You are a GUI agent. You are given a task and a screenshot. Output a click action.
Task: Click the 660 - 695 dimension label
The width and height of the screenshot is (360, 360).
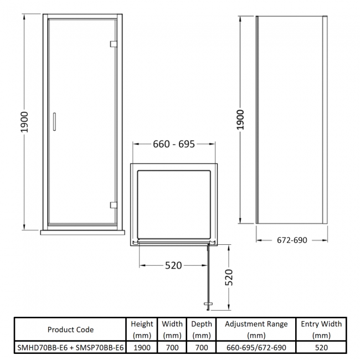coord(173,145)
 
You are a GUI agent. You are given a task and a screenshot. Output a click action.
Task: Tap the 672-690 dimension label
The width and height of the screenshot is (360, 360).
coord(291,240)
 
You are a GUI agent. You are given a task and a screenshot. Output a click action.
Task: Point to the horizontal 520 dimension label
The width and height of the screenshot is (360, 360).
coord(173,265)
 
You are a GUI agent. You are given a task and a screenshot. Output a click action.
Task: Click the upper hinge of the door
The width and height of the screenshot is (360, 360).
coord(113,44)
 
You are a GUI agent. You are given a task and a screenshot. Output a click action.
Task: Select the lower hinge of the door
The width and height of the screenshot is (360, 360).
coord(113,204)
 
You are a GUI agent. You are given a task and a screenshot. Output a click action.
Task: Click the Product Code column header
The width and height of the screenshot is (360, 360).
coord(70,330)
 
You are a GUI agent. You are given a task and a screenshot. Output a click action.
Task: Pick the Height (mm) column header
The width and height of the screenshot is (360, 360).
coord(142,330)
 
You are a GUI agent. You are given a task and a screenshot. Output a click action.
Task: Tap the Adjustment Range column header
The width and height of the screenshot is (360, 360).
coord(256,330)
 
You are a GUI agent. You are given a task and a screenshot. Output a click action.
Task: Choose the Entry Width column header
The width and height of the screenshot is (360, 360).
coord(321,330)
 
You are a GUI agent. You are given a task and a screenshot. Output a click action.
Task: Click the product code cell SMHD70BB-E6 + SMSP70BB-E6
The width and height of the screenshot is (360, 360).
coord(70,347)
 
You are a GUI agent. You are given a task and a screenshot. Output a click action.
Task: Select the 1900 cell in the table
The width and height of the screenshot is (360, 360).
coord(142,347)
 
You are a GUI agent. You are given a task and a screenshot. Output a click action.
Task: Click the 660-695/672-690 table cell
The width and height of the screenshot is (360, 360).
coord(256,347)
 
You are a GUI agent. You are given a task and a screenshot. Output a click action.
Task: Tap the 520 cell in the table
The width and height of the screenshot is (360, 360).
coord(321,347)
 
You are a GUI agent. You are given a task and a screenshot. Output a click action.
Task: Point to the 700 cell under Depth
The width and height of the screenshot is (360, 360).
coord(202,347)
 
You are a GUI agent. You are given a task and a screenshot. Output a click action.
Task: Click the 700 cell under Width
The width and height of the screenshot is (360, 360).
coord(172,347)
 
